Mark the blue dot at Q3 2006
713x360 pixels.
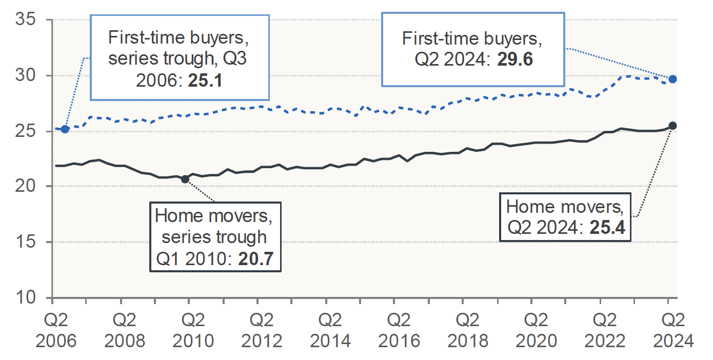pos(65,129)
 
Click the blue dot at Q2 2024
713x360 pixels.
pos(672,79)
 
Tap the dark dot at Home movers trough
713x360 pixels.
pos(185,178)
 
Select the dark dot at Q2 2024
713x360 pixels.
pos(672,126)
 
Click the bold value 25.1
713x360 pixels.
pos(205,81)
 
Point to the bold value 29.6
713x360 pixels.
pos(514,60)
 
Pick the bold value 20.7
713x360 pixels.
pos(260,261)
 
